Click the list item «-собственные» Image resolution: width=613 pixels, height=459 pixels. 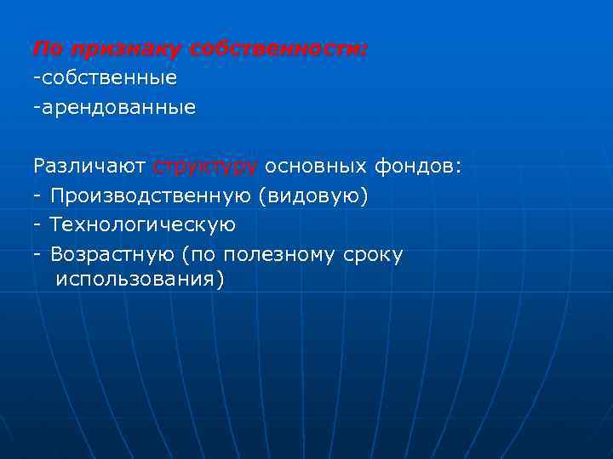coord(105,78)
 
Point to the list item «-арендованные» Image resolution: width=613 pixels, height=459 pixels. coord(114,108)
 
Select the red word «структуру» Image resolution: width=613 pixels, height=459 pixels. coord(206,166)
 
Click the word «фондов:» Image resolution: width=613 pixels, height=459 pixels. coord(418,166)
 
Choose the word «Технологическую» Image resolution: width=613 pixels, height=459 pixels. coord(142,225)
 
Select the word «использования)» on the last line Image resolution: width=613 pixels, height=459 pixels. coord(140,279)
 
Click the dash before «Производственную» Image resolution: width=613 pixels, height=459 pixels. coord(37,196)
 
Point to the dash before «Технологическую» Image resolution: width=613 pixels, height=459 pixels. coord(37,225)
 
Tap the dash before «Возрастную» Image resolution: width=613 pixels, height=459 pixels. coord(37,254)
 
